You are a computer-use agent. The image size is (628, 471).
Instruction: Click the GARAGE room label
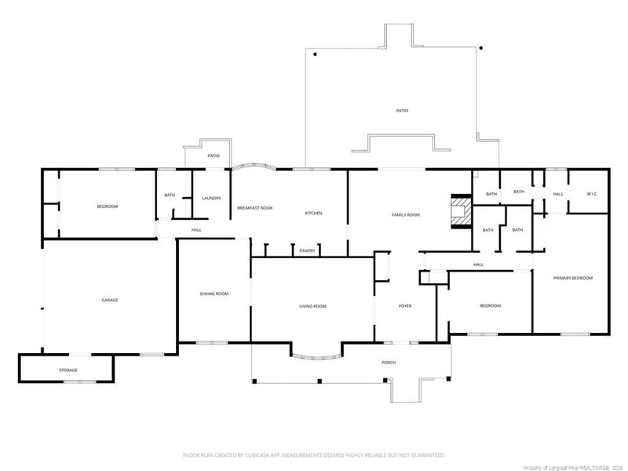click(109, 300)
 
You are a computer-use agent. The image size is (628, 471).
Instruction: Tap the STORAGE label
click(68, 370)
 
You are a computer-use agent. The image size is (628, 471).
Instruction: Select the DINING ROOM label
click(214, 294)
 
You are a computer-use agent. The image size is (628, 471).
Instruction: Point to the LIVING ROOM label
click(312, 306)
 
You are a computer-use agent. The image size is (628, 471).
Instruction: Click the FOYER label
click(405, 306)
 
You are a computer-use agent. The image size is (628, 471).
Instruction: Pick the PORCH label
click(388, 363)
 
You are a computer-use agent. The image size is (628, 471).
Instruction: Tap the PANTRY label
click(308, 251)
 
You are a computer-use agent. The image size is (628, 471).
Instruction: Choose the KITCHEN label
click(313, 214)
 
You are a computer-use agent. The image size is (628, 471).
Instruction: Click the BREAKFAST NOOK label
click(255, 208)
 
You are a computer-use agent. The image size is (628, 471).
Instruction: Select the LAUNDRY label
click(211, 199)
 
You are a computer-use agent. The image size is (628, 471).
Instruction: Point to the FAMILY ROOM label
click(406, 214)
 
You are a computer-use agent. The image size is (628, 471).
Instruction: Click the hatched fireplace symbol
click(458, 210)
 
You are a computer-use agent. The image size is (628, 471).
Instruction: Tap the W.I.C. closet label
click(593, 194)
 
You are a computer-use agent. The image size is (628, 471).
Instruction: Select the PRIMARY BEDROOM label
click(572, 279)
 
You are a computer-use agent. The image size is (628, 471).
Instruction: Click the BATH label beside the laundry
click(170, 195)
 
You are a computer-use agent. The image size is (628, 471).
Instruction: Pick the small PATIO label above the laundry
click(214, 156)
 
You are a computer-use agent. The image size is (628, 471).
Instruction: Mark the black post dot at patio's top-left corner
click(315, 55)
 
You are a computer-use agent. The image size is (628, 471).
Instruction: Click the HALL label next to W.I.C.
click(558, 194)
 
